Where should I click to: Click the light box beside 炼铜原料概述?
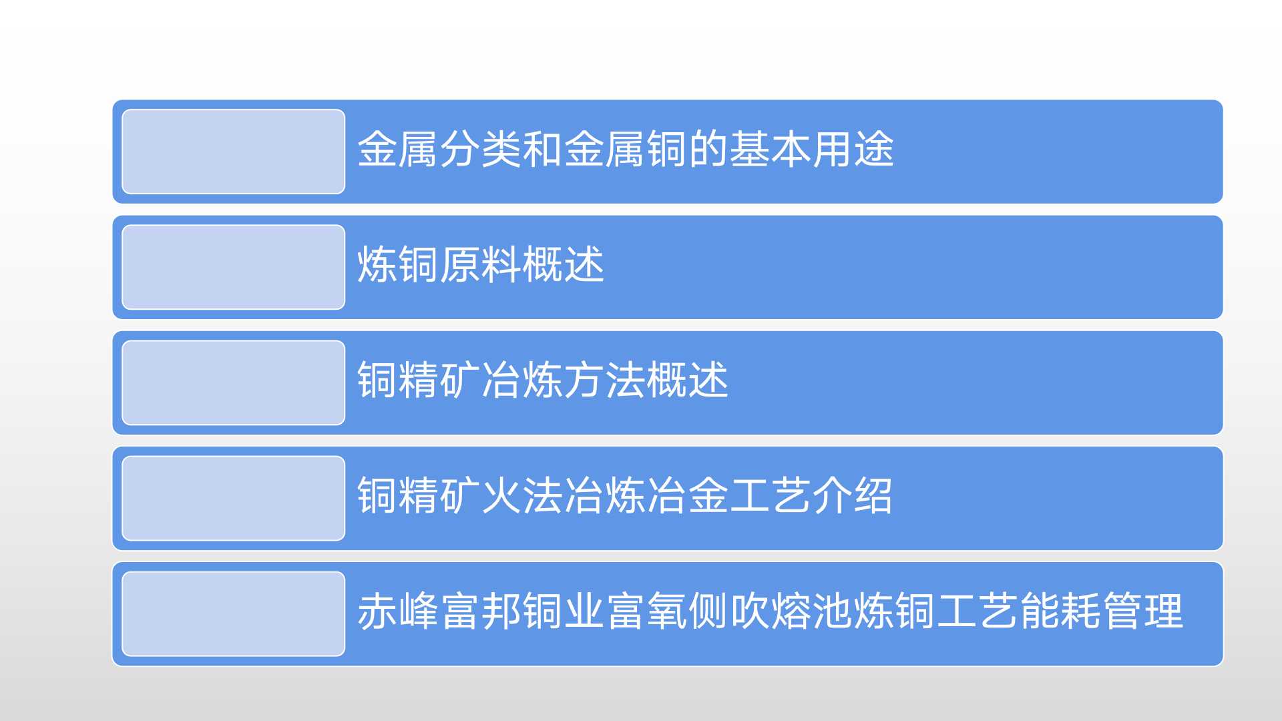pos(233,267)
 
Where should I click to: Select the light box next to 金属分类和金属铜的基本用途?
pos(233,152)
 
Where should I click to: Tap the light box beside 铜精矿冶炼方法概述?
pos(233,383)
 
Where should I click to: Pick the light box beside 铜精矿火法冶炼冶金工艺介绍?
pos(233,498)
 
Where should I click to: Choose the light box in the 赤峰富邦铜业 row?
pos(233,614)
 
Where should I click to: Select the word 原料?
pos(481,264)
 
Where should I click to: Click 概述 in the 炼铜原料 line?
pos(564,264)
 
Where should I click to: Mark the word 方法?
pos(605,380)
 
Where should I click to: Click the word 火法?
pos(522,495)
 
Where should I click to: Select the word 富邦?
pos(481,611)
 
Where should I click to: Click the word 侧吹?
pos(728,611)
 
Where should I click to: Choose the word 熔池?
pos(811,611)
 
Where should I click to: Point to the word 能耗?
pos(1060,611)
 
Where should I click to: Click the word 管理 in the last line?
pos(1142,611)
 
